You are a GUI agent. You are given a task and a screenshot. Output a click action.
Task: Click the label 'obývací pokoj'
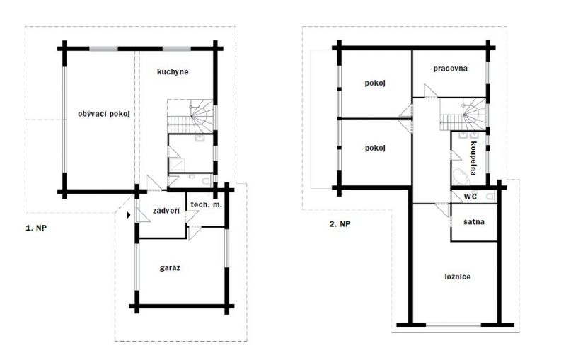tap(103, 114)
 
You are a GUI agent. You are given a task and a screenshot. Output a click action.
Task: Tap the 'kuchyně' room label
tap(173, 71)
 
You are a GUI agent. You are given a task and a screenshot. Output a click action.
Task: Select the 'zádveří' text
tap(166, 211)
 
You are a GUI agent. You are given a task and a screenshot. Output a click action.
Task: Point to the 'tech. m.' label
tap(206, 204)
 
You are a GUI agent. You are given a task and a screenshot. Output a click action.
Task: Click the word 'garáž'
tap(170, 268)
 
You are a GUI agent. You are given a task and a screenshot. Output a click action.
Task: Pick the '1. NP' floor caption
tap(36, 228)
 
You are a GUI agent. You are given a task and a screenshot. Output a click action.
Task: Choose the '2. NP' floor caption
tap(340, 224)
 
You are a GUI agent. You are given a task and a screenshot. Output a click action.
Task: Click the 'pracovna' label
tap(450, 69)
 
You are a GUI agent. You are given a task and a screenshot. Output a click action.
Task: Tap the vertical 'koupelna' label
tap(473, 158)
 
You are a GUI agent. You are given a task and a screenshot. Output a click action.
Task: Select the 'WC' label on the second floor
tap(470, 197)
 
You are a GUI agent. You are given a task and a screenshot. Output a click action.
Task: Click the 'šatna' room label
tap(473, 222)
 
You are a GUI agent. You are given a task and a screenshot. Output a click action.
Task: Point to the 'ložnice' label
tap(457, 277)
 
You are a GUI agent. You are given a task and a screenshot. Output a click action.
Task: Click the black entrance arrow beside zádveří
tap(129, 215)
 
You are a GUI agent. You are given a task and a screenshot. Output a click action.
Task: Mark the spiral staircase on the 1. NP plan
tap(190, 116)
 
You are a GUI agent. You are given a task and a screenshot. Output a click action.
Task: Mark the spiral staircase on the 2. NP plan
tap(463, 114)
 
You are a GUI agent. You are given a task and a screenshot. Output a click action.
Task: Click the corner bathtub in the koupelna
tap(461, 176)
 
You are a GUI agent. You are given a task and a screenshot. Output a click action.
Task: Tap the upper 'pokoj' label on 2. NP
tap(375, 83)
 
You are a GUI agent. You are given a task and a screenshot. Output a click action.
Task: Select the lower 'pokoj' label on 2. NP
tap(375, 148)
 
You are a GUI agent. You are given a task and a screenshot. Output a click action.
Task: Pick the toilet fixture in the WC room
tap(490, 197)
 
